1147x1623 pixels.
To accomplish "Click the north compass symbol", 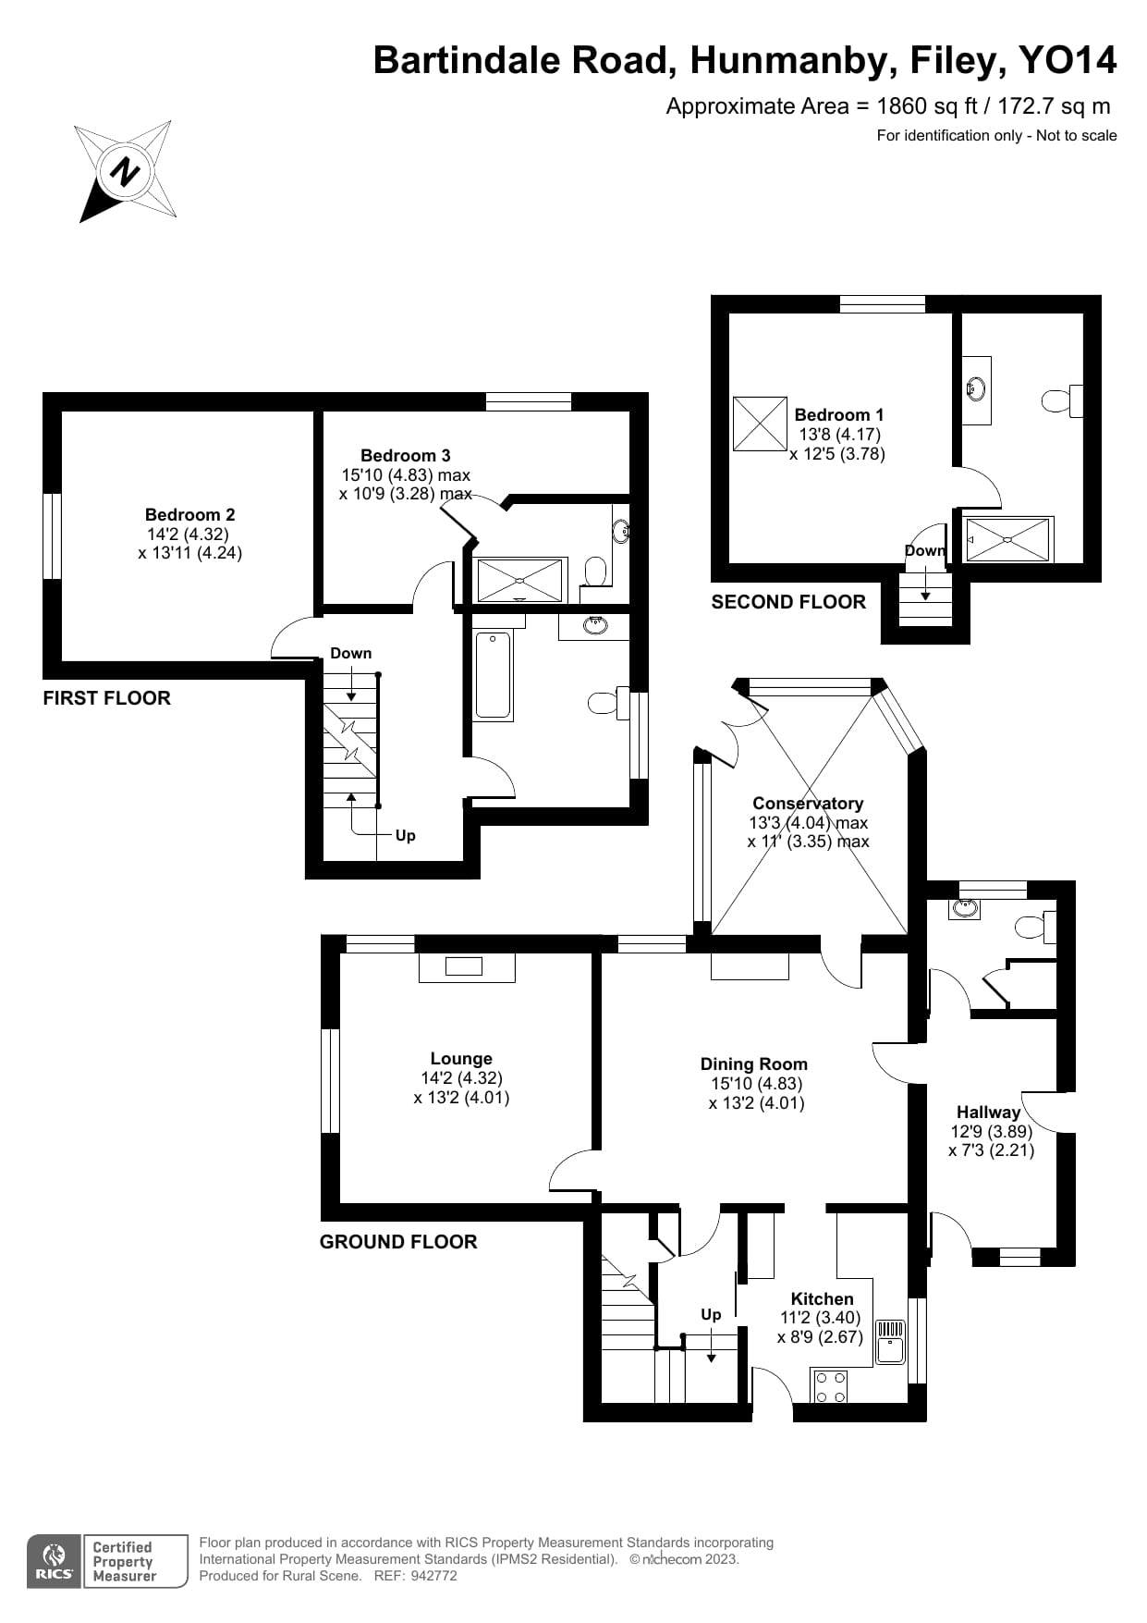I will (x=126, y=171).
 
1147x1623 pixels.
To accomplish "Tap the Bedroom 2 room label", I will (x=189, y=515).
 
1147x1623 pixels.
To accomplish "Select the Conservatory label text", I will (x=808, y=804).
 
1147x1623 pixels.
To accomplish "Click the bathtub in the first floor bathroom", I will (x=493, y=675).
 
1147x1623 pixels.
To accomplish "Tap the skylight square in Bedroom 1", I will (x=760, y=424).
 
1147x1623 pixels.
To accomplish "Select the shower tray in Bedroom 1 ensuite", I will (x=1007, y=539).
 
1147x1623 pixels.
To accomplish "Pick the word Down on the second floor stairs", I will (x=924, y=550).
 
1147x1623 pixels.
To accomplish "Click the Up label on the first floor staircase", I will (x=405, y=835).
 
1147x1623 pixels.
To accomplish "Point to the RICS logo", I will (x=54, y=1562).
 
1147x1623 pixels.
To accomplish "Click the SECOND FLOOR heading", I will (x=788, y=602).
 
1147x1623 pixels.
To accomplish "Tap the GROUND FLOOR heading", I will (x=398, y=1242).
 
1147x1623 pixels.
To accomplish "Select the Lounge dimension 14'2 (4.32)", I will (x=461, y=1078).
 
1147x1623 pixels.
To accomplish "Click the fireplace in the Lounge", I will (x=466, y=967).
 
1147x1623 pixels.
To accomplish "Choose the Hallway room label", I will (x=988, y=1113).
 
